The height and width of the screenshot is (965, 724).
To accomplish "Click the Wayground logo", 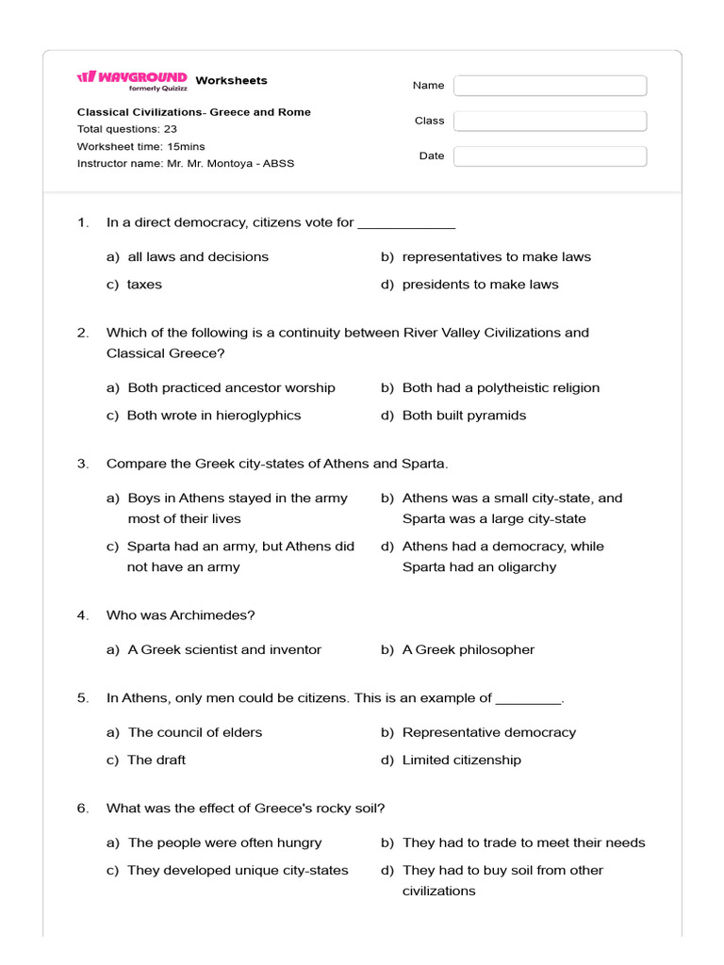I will pyautogui.click(x=132, y=80).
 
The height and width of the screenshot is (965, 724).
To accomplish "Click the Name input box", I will pyautogui.click(x=550, y=86).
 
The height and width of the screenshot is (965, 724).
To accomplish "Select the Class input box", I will pyautogui.click(x=550, y=121).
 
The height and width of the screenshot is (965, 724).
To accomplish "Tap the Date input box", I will pyautogui.click(x=550, y=156).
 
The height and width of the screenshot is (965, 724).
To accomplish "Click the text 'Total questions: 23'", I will pyautogui.click(x=126, y=129).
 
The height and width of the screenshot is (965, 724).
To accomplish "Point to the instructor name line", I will pyautogui.click(x=186, y=163).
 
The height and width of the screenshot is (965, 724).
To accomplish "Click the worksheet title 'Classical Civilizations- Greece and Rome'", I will pyautogui.click(x=193, y=112).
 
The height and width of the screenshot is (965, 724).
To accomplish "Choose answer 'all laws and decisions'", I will pyautogui.click(x=198, y=256).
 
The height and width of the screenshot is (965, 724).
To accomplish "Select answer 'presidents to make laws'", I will pyautogui.click(x=480, y=284).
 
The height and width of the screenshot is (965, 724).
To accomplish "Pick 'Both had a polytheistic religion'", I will pyautogui.click(x=501, y=387).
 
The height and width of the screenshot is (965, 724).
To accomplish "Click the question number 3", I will pyautogui.click(x=83, y=464).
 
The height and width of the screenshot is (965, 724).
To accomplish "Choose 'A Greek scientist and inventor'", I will pyautogui.click(x=224, y=649).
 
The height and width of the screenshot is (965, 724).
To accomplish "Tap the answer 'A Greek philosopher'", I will pyautogui.click(x=468, y=649).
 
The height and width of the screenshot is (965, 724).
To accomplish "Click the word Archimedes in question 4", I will pyautogui.click(x=212, y=615).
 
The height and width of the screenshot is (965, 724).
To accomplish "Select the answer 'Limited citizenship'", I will pyautogui.click(x=461, y=760).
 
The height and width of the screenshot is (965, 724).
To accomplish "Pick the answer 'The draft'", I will pyautogui.click(x=156, y=760).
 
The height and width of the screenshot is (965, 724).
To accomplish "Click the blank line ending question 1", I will pyautogui.click(x=406, y=224).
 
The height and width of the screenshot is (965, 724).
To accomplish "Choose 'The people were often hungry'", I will pyautogui.click(x=224, y=842).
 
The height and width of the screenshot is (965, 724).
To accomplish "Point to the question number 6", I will pyautogui.click(x=83, y=808).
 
